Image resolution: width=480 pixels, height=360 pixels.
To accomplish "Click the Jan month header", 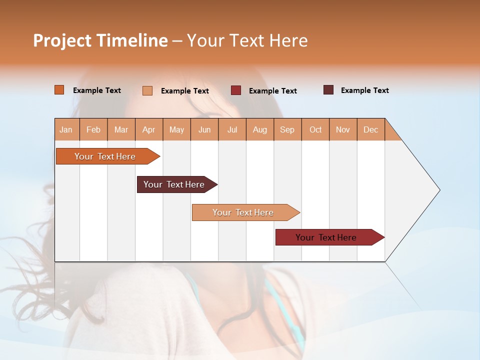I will coord(66,129).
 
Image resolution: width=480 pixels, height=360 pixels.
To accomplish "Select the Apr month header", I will coord(148,129).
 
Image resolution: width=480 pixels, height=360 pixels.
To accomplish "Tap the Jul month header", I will coord(232,129).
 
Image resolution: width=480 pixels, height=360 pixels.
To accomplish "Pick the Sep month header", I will coord(287,129).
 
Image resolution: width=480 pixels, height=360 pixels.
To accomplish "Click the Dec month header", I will coord(370,129).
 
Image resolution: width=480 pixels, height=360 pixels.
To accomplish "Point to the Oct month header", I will coord(315,129).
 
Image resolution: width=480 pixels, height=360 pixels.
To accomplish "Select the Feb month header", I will coord(93,129).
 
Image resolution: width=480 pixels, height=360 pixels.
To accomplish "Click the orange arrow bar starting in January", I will coord(105,156).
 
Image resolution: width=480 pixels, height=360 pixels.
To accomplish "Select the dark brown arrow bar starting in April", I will coord(174,184).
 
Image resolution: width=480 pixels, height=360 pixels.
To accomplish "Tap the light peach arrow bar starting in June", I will coord(243,212).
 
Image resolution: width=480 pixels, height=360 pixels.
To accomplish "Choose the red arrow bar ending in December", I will coord(326,237).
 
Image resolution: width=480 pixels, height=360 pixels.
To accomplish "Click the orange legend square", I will coord(59,90).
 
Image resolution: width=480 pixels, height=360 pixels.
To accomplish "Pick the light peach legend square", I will coord(147,90).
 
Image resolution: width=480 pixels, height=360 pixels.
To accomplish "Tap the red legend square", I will coord(235,90).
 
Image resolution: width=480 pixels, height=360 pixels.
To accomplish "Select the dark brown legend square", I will coord(328,90).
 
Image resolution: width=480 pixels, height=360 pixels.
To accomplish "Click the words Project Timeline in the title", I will coord(100,40).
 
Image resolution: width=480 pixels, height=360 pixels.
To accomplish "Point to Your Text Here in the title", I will coord(247,40).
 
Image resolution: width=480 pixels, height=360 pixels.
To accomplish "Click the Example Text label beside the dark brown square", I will coord(364,90).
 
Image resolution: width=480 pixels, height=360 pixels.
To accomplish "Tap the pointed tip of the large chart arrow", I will coord(438,190).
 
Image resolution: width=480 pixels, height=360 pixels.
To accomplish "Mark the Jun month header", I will coord(204,129).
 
